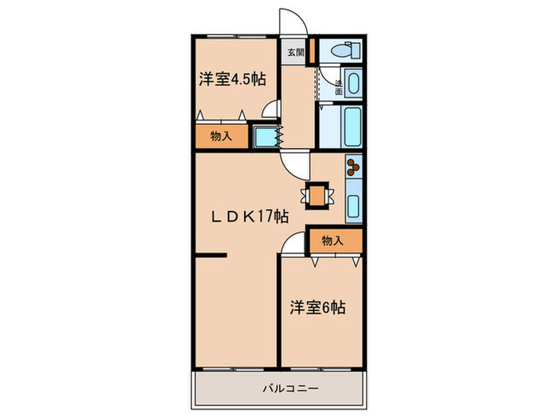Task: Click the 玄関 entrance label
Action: click(295, 53)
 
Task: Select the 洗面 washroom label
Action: click(339, 88)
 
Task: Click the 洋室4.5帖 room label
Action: click(232, 79)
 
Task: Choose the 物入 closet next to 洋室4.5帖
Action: click(221, 136)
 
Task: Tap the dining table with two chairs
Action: click(317, 195)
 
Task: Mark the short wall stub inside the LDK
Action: click(210, 256)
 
